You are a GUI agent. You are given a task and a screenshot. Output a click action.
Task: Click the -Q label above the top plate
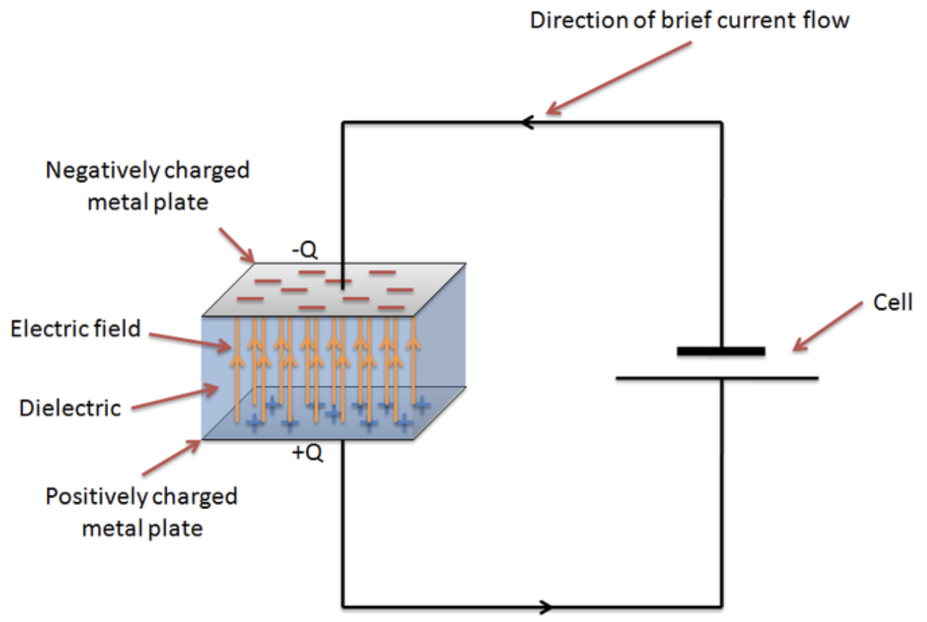tap(305, 250)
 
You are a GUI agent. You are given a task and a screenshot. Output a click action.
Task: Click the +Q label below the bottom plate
tap(308, 453)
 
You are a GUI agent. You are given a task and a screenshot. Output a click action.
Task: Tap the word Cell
tap(892, 302)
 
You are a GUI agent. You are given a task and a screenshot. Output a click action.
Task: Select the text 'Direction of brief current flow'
tap(689, 20)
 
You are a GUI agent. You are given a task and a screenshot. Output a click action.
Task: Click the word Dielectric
tap(70, 408)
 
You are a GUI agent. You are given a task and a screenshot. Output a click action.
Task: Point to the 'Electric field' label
tap(75, 329)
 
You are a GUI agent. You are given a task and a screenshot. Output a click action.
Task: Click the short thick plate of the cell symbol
tap(721, 351)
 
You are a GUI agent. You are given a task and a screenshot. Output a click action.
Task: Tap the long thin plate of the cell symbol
tap(717, 378)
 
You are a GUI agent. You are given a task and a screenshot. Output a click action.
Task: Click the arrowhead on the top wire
tap(527, 122)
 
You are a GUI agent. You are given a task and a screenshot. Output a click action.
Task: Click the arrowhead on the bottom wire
tap(545, 606)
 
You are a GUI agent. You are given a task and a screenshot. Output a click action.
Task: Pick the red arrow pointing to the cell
tap(828, 327)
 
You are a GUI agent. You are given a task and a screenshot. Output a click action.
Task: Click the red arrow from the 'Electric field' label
tap(191, 341)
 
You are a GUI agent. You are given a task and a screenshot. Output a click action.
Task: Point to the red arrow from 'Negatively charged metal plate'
tap(238, 246)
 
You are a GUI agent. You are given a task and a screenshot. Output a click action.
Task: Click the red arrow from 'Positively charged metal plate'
tap(172, 458)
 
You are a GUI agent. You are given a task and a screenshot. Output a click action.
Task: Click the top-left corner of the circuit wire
tap(343, 123)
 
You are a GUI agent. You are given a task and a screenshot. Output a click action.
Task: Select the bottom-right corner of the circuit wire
tap(721, 606)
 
